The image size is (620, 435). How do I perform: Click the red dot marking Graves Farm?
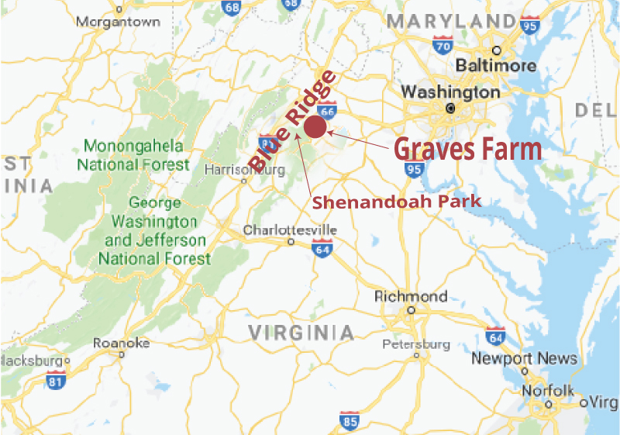pyautogui.click(x=315, y=127)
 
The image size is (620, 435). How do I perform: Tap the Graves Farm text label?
pyautogui.click(x=467, y=148)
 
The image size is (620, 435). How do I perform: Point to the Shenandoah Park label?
pyautogui.click(x=397, y=202)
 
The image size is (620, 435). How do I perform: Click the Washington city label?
pyautogui.click(x=450, y=92)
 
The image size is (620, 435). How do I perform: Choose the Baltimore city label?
pyautogui.click(x=496, y=65)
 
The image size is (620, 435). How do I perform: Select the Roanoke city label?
pyautogui.click(x=121, y=343)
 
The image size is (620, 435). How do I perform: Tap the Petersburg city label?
pyautogui.click(x=415, y=344)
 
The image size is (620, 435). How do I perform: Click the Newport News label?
pyautogui.click(x=524, y=358)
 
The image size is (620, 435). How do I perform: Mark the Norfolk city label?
pyautogui.click(x=548, y=390)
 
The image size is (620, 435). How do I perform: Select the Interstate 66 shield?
pyautogui.click(x=326, y=111)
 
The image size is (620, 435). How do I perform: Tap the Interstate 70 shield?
pyautogui.click(x=443, y=47)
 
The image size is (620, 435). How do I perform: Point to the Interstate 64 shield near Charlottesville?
pyautogui.click(x=322, y=247)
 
